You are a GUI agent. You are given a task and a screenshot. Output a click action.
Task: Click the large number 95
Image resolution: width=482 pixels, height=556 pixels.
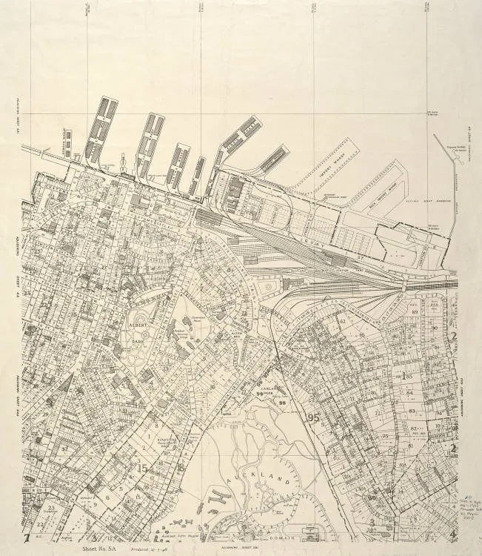point(315,418)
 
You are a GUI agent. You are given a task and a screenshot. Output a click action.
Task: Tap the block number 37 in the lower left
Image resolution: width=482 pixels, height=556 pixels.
point(64,448)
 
